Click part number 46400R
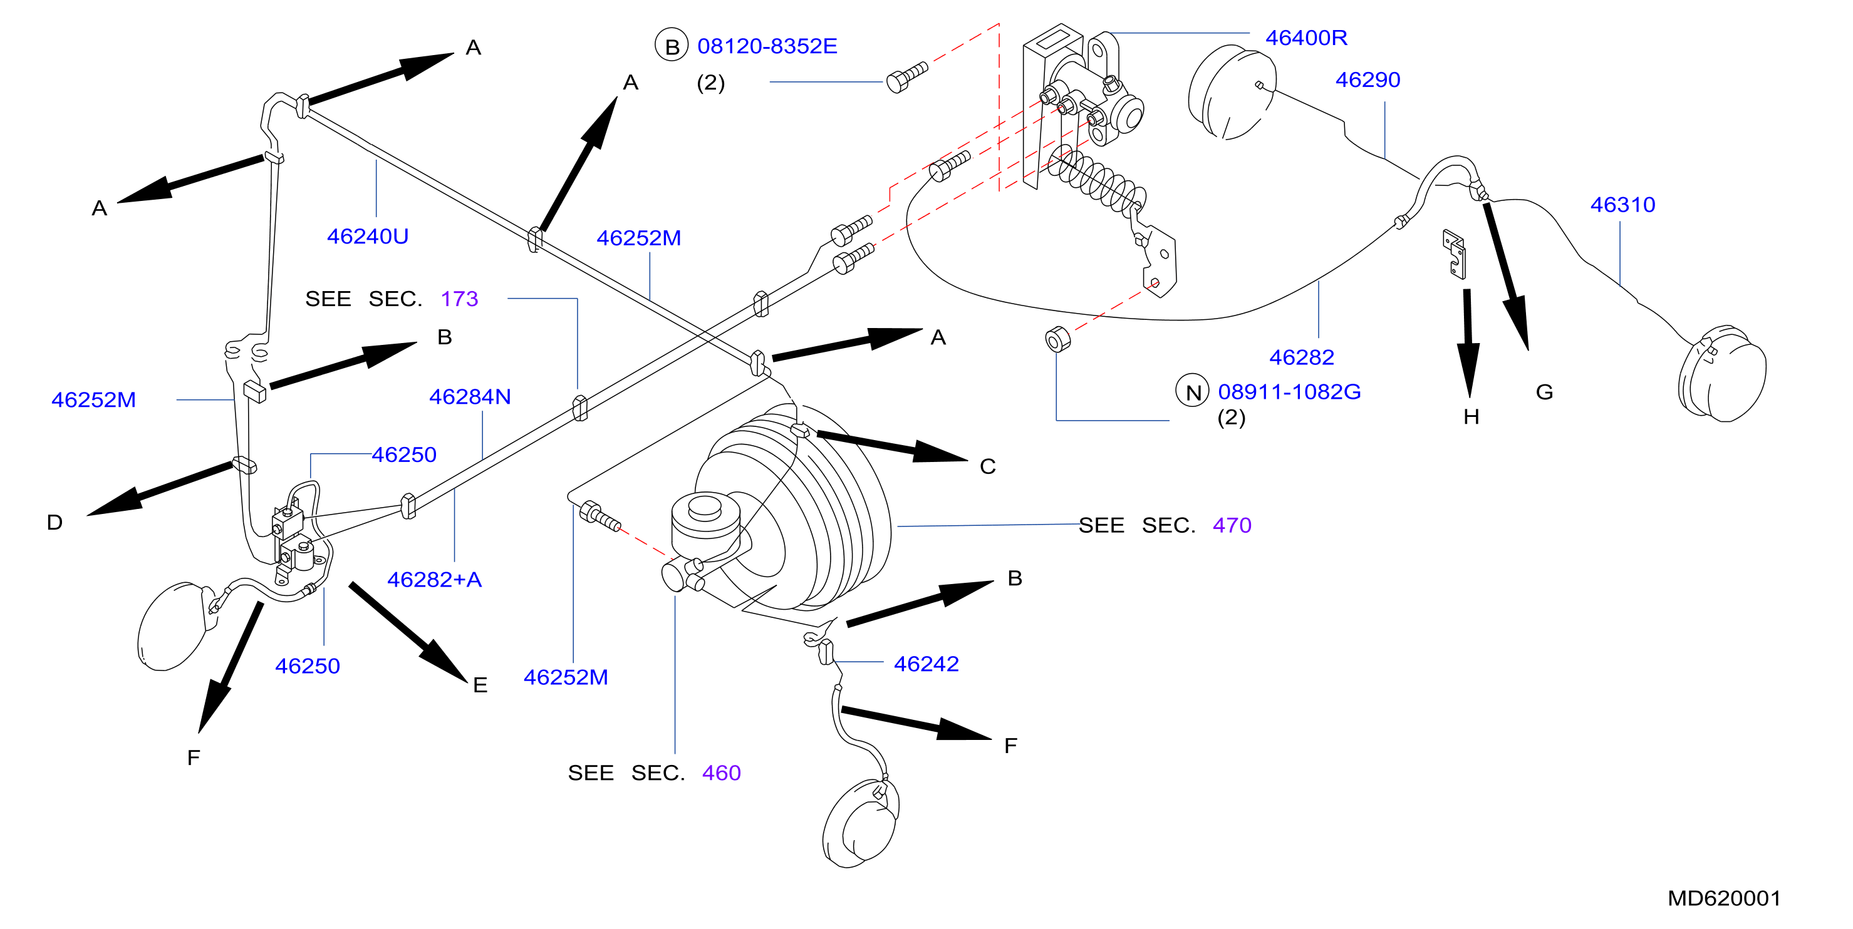tap(1305, 38)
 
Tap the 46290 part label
tap(1368, 80)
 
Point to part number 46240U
tap(368, 237)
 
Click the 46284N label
tap(470, 397)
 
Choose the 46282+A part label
tap(435, 580)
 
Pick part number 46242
tap(926, 664)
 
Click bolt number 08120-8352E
tap(767, 46)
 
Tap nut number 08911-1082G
tap(1289, 392)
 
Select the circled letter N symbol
tap(1192, 391)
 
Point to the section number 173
tap(459, 299)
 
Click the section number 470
tap(1232, 526)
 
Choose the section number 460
tap(721, 773)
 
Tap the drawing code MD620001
tap(1723, 898)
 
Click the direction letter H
tap(1471, 417)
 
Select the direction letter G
tap(1544, 392)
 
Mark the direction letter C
tap(988, 466)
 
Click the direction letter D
tap(54, 522)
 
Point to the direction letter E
tap(480, 685)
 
